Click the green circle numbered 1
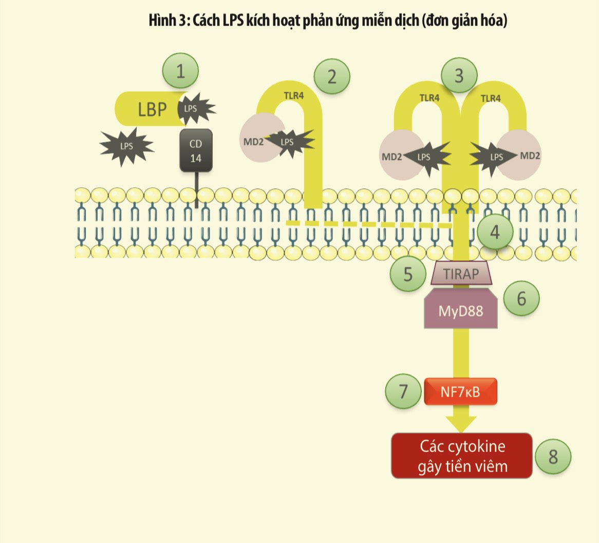click(x=180, y=71)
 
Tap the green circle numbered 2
click(x=332, y=76)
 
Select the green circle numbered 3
click(x=459, y=76)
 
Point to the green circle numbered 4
click(x=495, y=232)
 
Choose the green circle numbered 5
click(x=408, y=274)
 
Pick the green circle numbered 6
click(x=521, y=298)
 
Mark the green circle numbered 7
click(x=403, y=391)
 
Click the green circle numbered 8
click(x=553, y=456)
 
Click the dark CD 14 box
click(x=196, y=150)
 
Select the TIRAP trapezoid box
click(x=461, y=273)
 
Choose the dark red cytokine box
click(x=461, y=456)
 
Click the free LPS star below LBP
click(x=126, y=146)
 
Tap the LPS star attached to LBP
click(x=194, y=109)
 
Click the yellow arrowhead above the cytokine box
click(x=461, y=422)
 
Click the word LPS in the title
click(x=233, y=21)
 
